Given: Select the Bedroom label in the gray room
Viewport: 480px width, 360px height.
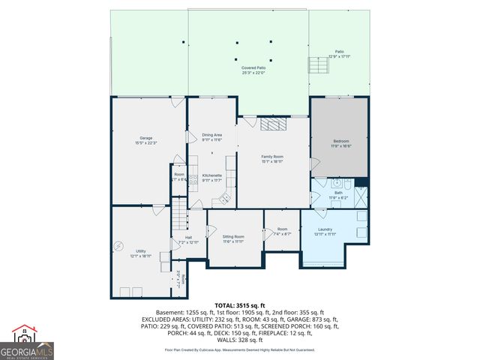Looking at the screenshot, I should click(341, 140).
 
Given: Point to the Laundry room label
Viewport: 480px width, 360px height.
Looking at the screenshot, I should click(325, 229).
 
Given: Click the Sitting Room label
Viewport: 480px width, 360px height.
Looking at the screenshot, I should click(233, 236).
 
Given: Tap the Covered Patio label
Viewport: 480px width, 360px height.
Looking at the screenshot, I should click(253, 67).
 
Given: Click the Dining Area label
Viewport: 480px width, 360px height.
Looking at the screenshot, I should click(212, 135).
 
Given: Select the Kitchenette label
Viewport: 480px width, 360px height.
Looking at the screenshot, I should click(212, 175).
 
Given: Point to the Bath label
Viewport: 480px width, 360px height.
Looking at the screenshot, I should click(338, 193).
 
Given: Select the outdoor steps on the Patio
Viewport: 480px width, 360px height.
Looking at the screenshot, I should click(319, 67).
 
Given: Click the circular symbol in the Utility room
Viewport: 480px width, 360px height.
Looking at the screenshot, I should click(118, 245).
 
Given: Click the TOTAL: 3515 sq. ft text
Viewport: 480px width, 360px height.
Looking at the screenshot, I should click(239, 305).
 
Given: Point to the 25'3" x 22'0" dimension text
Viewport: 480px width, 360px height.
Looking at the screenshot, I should click(253, 73).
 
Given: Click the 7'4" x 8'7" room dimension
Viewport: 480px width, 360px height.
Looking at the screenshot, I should click(282, 234).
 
